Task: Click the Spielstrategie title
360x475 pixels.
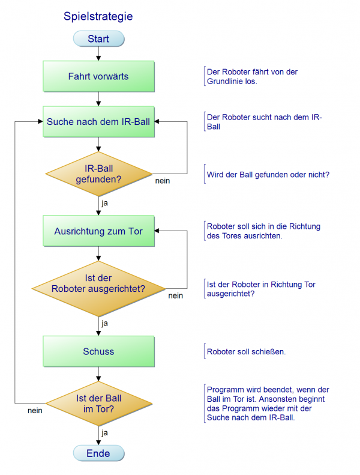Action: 98,17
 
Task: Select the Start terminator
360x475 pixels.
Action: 99,39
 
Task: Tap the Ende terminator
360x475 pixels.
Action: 99,453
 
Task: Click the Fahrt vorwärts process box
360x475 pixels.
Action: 99,76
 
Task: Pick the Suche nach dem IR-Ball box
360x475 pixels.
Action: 99,121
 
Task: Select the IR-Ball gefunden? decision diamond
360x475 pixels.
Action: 99,174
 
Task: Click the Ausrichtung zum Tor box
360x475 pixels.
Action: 99,231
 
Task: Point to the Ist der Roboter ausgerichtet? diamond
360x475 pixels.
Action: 99,289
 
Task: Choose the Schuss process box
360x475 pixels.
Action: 99,351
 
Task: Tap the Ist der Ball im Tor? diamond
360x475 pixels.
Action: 99,404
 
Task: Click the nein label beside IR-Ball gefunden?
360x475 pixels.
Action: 163,181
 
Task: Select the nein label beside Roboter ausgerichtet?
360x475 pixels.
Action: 176,295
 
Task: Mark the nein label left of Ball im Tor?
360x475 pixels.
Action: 35,411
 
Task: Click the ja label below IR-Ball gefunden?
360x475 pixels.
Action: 104,203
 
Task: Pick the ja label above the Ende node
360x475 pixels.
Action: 104,432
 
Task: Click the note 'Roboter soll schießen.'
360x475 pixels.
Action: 246,352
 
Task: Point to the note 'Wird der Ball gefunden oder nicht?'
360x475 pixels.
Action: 268,175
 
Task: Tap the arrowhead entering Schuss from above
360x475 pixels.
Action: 98,333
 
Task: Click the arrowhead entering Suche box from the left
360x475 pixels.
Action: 41,121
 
